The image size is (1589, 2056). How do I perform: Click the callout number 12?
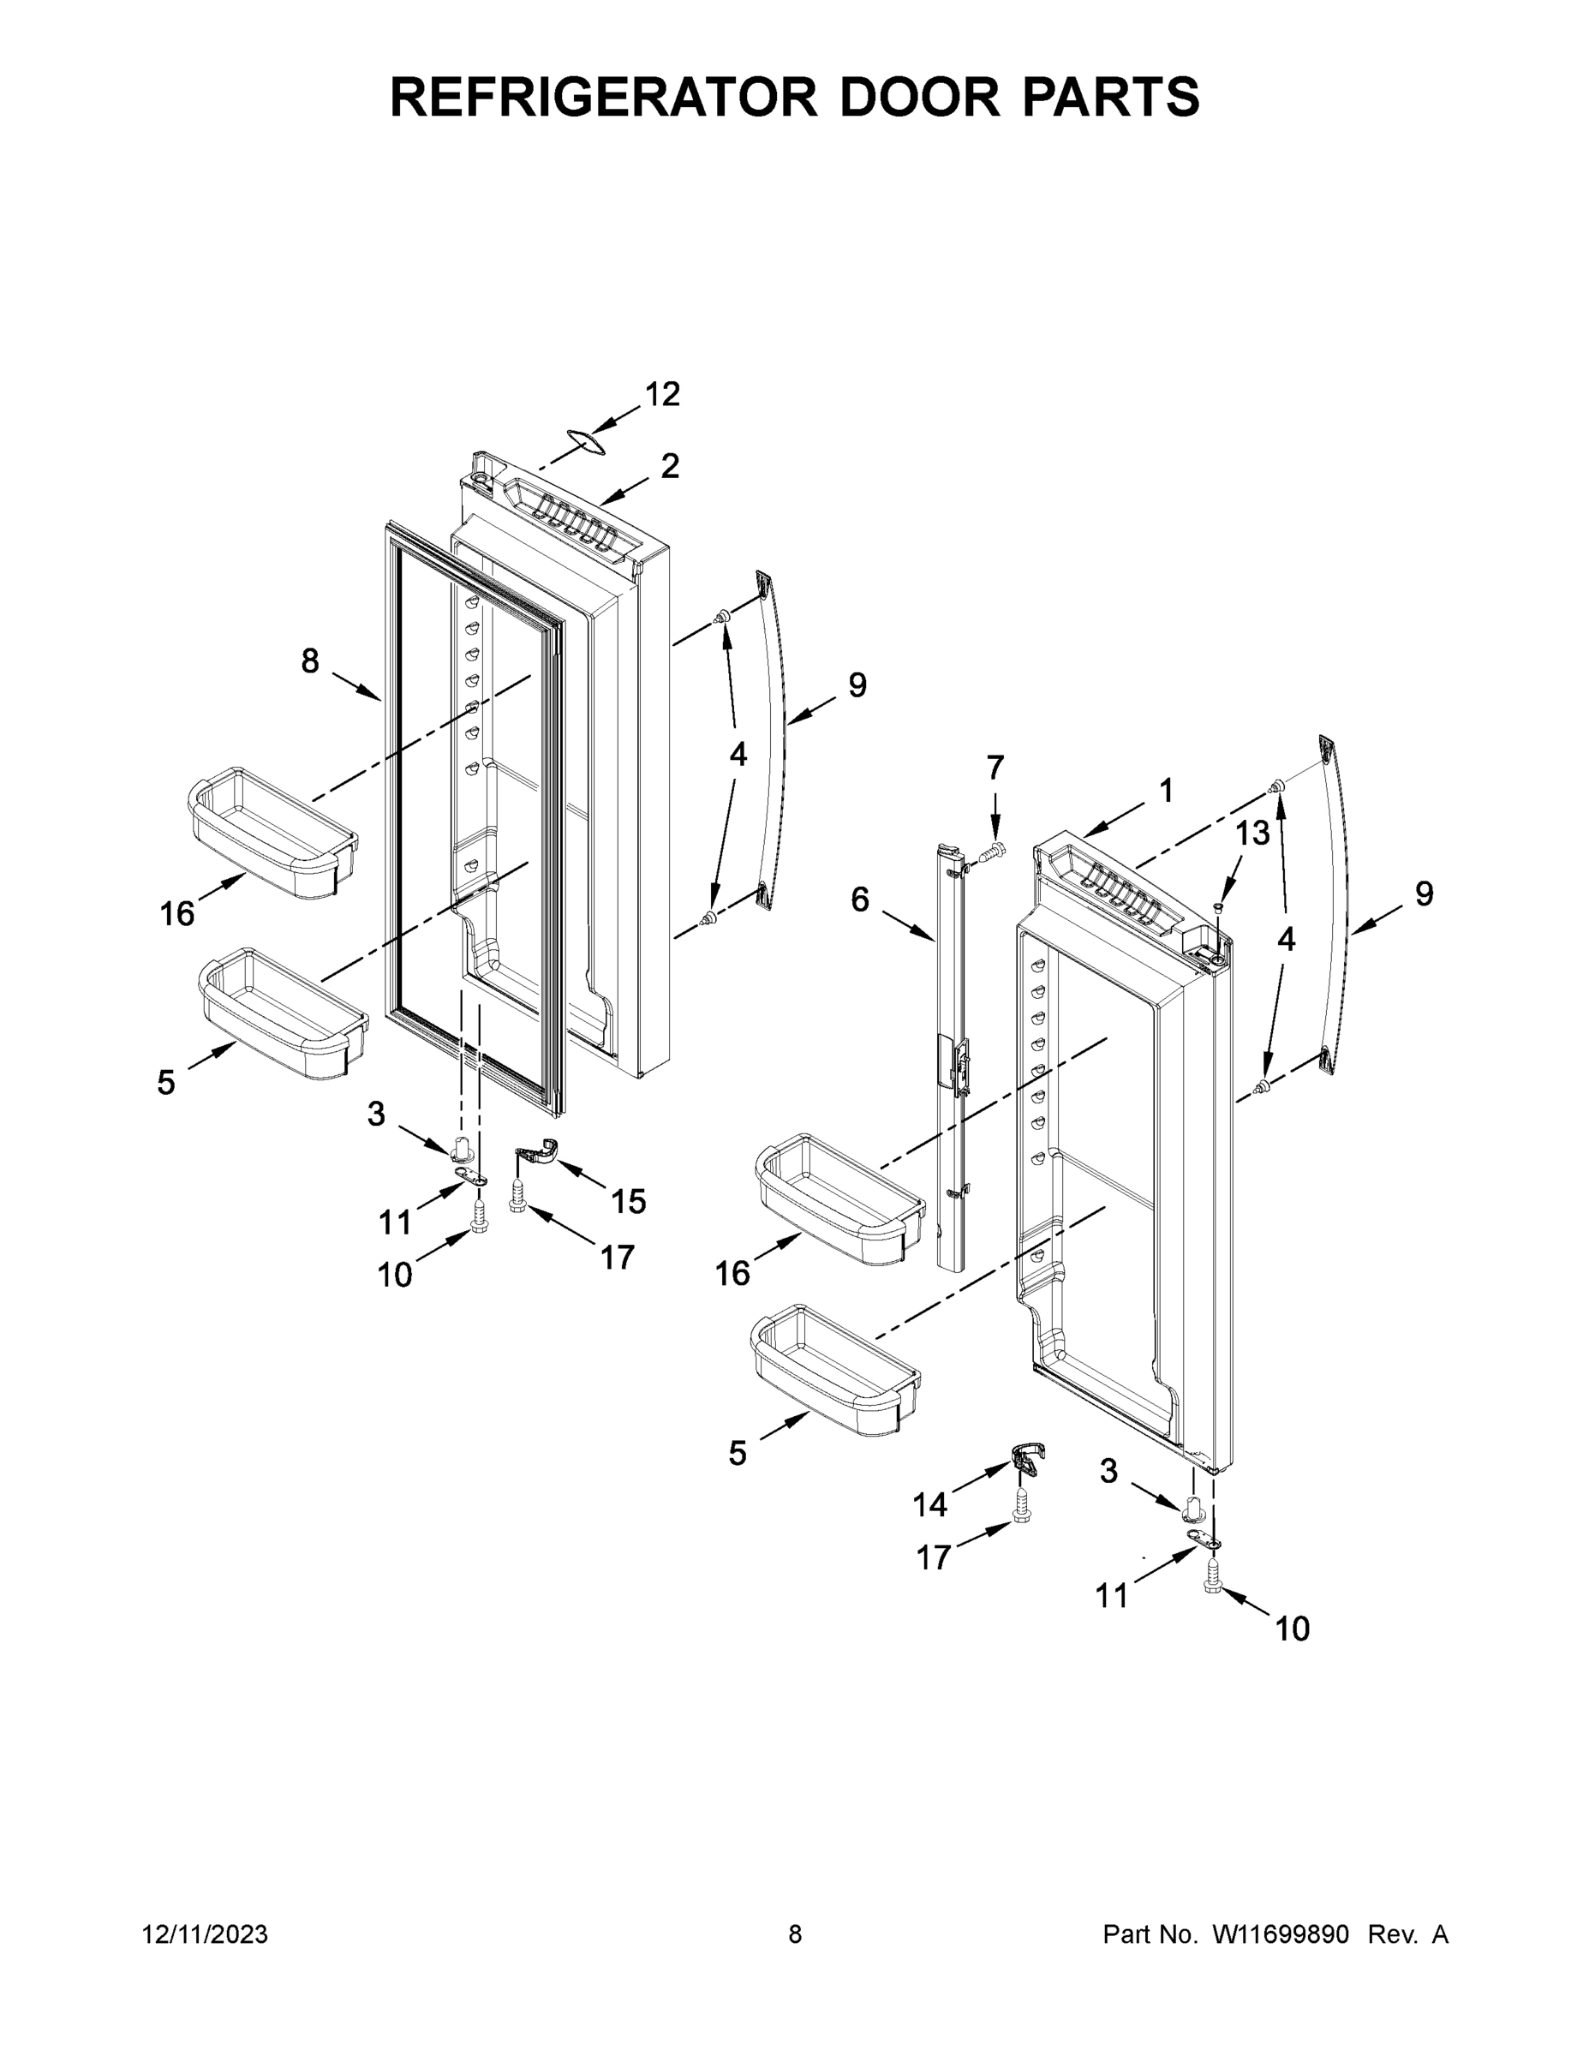tap(662, 394)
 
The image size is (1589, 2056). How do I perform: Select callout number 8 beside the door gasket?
tap(310, 662)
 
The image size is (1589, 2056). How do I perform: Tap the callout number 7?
tap(995, 768)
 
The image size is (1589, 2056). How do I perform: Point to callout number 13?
tap(1252, 832)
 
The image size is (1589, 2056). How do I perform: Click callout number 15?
tap(628, 1201)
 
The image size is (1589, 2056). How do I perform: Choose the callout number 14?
tap(929, 1504)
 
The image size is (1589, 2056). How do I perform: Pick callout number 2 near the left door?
tap(669, 466)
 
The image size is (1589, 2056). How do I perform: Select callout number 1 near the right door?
tap(1165, 791)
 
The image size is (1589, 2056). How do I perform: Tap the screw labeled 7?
tap(990, 852)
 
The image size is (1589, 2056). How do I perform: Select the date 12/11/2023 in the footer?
tap(206, 1935)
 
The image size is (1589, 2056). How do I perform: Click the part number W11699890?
tap(1281, 1935)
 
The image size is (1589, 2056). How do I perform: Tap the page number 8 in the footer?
tap(795, 1935)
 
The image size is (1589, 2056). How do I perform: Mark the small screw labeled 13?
tap(1217, 907)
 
